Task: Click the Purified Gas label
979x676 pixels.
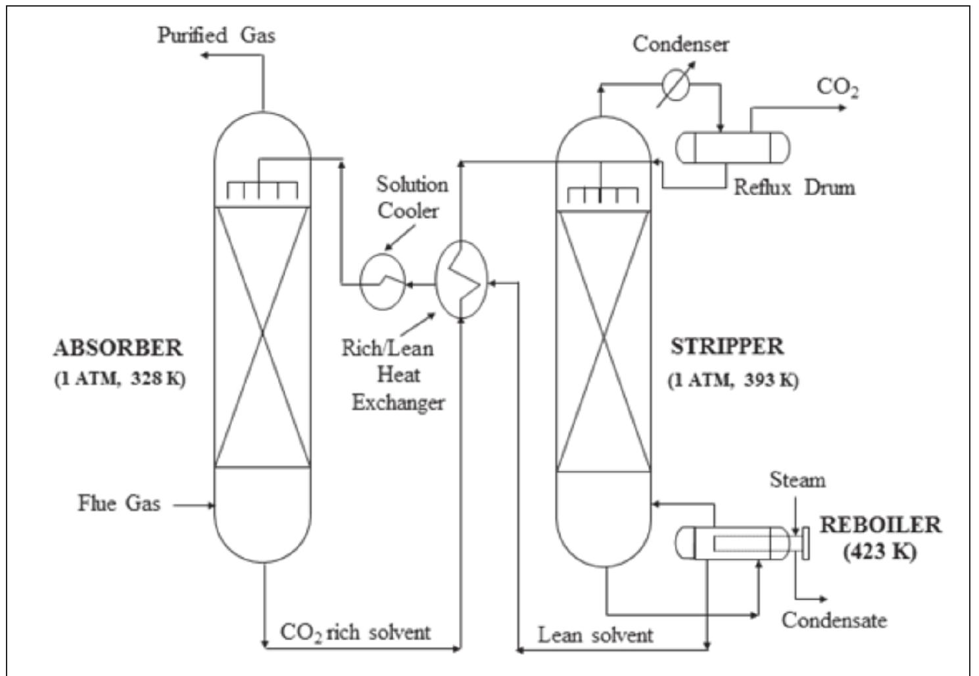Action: click(x=216, y=34)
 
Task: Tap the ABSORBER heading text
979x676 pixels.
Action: click(x=118, y=348)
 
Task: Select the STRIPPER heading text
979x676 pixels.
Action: click(x=727, y=347)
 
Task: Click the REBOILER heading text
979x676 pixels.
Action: click(x=880, y=525)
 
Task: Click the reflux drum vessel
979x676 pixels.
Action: click(x=733, y=148)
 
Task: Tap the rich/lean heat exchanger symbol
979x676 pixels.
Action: click(x=462, y=279)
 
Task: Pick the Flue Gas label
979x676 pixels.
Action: click(x=119, y=504)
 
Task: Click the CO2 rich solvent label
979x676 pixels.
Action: click(x=355, y=633)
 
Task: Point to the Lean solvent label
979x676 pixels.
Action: click(x=595, y=635)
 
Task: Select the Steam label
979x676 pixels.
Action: click(x=797, y=480)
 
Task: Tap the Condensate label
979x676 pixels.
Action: click(x=834, y=620)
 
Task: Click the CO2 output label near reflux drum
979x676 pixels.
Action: click(x=837, y=87)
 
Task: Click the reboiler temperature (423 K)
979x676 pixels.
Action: click(x=880, y=551)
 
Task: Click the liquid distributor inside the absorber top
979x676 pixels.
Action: click(x=262, y=190)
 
